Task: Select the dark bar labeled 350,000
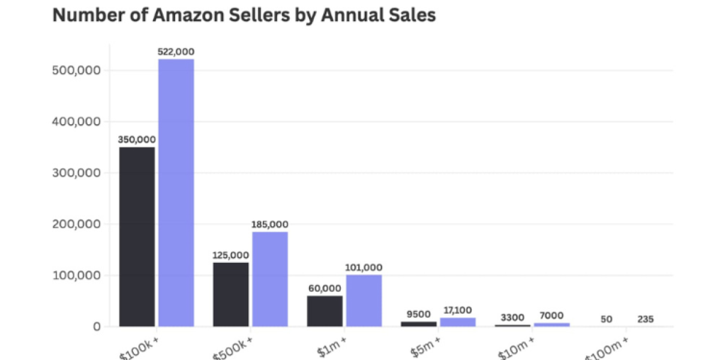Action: point(137,237)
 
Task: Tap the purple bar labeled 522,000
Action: point(176,193)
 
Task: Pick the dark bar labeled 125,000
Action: point(230,294)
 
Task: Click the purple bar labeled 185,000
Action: point(270,279)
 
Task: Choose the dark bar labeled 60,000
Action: point(325,311)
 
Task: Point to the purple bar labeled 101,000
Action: point(364,301)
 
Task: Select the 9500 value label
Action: point(418,313)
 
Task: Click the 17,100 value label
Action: point(457,310)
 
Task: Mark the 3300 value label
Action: point(512,316)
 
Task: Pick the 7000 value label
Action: point(551,315)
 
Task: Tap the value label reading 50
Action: point(606,319)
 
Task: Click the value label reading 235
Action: point(646,319)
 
